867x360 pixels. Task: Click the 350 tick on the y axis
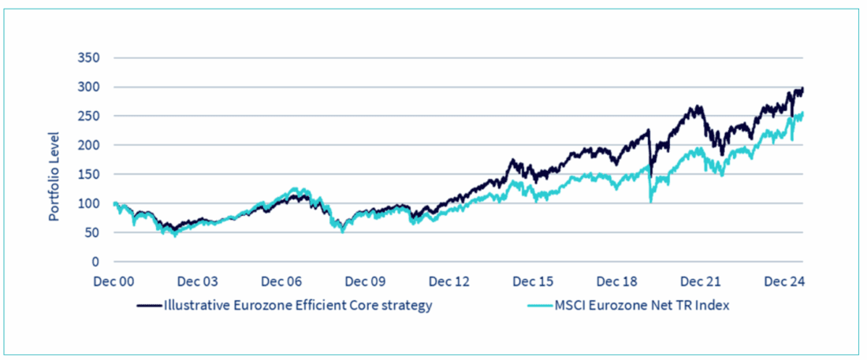[89, 58]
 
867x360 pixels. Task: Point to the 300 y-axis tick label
[89, 87]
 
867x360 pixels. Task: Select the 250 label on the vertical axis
[89, 117]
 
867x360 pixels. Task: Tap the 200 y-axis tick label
[89, 146]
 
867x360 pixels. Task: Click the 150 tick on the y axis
[89, 174]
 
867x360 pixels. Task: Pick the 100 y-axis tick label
[89, 203]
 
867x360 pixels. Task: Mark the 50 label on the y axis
[93, 232]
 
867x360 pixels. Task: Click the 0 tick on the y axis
[96, 262]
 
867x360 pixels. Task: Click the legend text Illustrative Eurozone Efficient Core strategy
[297, 306]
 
